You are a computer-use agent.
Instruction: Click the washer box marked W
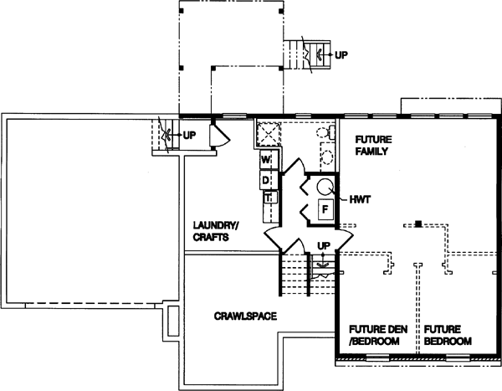(266, 159)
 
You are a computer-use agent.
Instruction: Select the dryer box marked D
(266, 178)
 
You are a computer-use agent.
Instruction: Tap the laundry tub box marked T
(269, 198)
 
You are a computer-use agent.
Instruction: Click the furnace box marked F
(323, 208)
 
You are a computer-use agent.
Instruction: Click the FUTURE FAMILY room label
(373, 146)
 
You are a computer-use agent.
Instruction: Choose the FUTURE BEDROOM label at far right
(447, 335)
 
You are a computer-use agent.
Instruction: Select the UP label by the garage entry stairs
(190, 134)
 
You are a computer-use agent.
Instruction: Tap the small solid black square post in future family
(417, 224)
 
